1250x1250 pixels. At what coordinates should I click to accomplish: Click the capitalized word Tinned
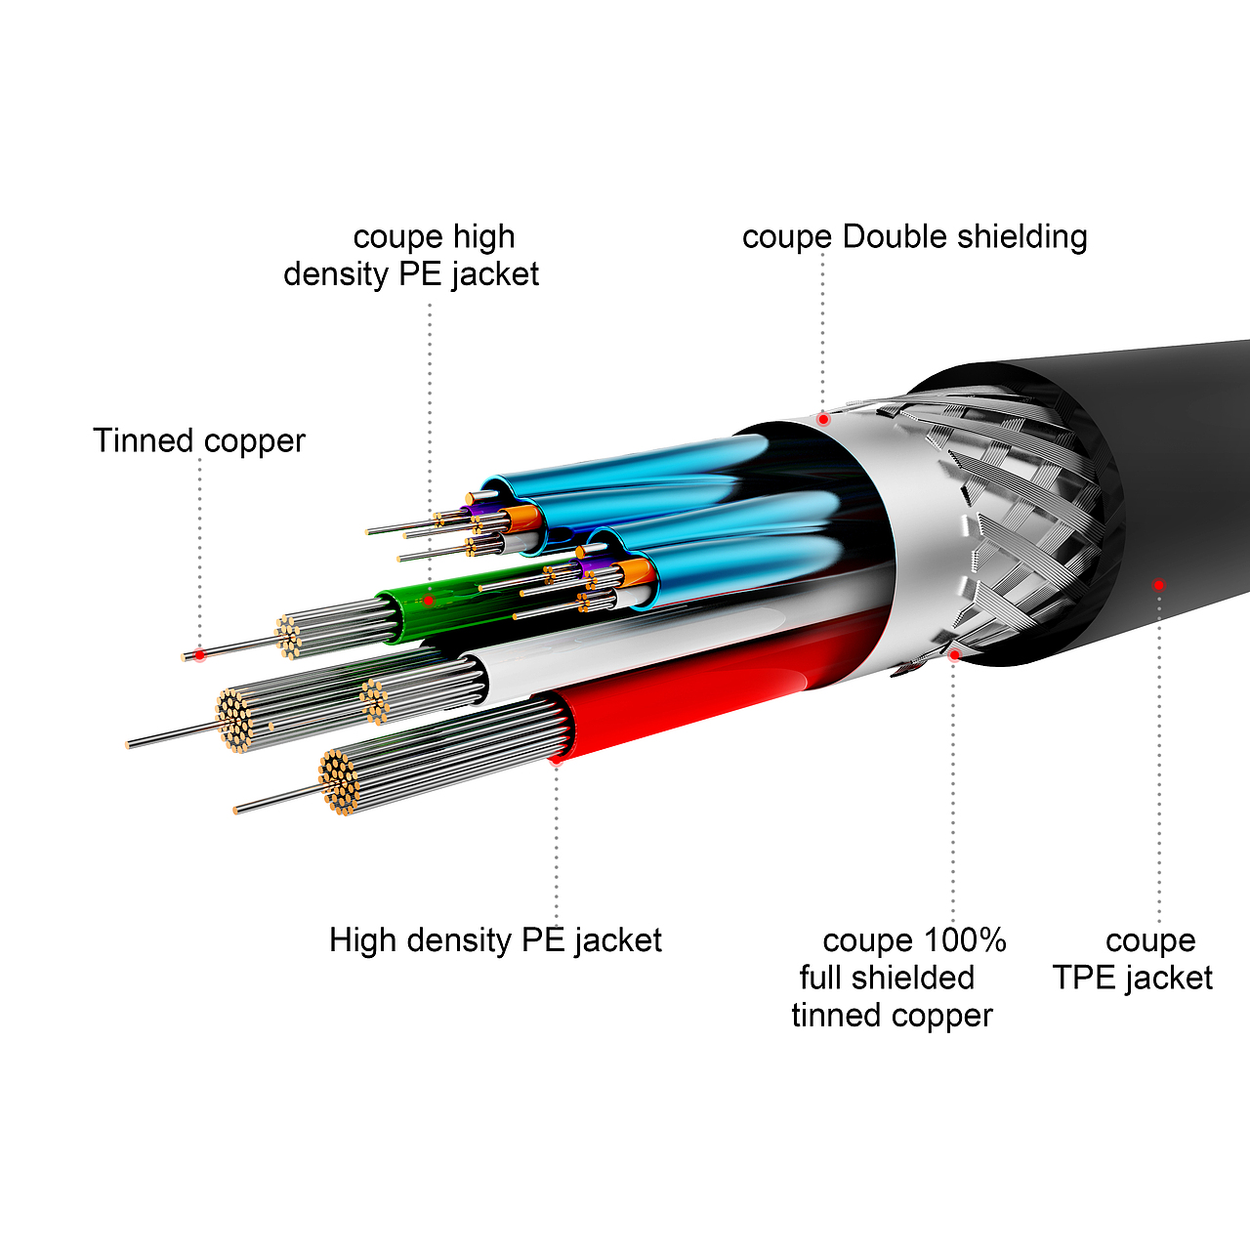[144, 440]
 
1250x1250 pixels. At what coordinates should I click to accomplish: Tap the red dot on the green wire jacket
[428, 600]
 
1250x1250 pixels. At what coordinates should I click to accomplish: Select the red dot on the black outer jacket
[1158, 585]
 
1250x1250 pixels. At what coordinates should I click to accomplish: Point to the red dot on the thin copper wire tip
[199, 654]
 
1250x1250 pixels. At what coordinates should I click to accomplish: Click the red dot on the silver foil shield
[823, 419]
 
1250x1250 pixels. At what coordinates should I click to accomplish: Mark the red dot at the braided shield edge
[954, 654]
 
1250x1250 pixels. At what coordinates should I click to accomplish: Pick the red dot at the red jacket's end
[556, 760]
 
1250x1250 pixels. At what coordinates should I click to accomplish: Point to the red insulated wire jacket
[703, 703]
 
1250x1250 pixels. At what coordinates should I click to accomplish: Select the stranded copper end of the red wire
[339, 781]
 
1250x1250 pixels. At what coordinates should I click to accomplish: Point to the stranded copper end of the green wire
[289, 637]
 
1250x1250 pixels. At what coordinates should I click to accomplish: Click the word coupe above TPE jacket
[1150, 940]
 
